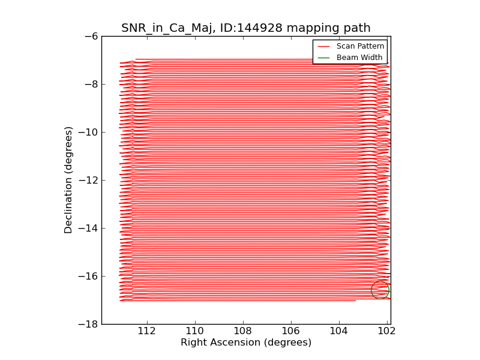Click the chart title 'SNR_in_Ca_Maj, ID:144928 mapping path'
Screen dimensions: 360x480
(246, 28)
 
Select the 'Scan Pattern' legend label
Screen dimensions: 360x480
(360, 46)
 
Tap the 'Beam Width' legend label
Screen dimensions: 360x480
(359, 58)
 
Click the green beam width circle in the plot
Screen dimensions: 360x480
(380, 290)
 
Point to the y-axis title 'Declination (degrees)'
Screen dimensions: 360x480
(69, 180)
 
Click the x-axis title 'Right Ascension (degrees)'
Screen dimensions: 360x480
(246, 343)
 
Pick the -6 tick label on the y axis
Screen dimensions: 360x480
(91, 36)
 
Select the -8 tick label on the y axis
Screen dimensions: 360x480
(91, 84)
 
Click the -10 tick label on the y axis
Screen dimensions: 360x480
(89, 132)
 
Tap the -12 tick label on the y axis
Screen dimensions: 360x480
(89, 180)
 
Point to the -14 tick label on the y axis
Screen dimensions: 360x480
(89, 228)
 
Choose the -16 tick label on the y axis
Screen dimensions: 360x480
(89, 276)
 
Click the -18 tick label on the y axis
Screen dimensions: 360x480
(89, 324)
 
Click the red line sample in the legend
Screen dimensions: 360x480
(323, 46)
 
